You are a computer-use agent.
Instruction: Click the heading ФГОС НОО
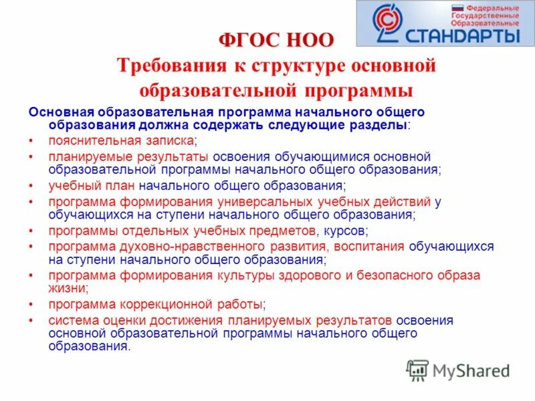pyautogui.click(x=276, y=40)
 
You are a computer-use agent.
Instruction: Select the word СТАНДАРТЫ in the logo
pyautogui.click(x=461, y=33)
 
